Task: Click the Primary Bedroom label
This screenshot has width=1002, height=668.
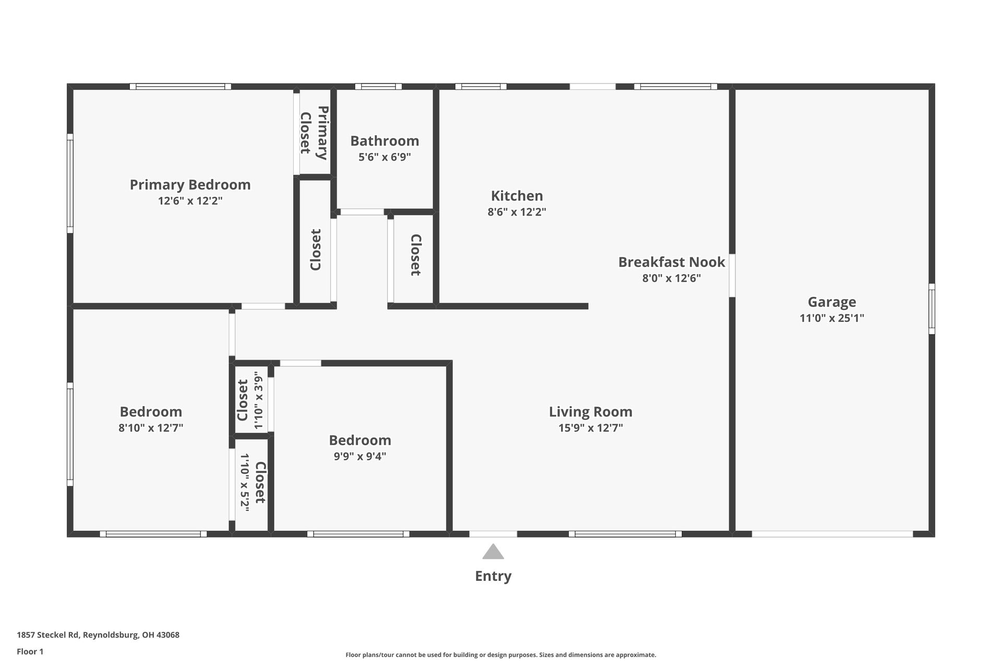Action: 190,185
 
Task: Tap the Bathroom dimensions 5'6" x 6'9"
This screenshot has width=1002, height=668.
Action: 385,157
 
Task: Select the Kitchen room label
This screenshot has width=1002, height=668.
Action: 517,196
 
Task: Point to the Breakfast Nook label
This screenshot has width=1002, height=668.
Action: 671,262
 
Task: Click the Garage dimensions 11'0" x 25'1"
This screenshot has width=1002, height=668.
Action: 832,318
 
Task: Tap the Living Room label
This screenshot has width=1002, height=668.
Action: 590,412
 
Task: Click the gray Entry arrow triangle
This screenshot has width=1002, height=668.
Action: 493,552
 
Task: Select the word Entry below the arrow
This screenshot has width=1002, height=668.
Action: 493,576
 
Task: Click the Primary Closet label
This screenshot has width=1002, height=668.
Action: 314,133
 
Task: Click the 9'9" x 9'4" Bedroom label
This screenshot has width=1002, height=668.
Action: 360,440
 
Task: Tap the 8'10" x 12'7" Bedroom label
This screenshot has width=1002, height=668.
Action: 151,412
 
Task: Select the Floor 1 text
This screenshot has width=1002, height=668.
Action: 30,651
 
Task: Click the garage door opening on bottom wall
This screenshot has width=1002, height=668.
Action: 832,534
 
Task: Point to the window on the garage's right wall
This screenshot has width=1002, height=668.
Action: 932,309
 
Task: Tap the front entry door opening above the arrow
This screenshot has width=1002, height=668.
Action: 493,534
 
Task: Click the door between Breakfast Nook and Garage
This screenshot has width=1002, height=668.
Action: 732,275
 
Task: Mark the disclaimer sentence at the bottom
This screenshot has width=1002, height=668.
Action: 500,655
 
